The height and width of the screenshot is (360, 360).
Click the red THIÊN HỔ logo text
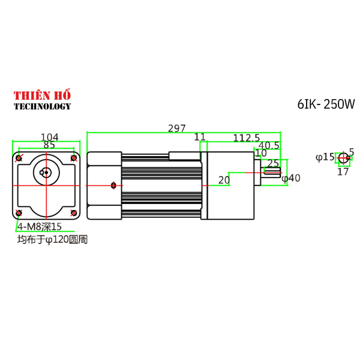[42, 95]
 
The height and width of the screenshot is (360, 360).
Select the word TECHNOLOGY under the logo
[42, 106]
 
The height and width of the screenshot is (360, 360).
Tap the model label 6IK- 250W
[326, 104]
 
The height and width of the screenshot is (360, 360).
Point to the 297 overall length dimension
[177, 128]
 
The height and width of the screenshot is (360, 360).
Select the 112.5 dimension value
[246, 137]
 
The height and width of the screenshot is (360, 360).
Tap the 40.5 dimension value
[269, 145]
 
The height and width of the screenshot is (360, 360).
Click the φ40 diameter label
[290, 178]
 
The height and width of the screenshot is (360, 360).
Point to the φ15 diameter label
[325, 157]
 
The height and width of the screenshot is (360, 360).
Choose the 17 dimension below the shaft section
[343, 172]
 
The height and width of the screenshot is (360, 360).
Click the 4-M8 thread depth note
[40, 226]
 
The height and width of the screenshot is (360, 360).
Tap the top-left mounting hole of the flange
[19, 158]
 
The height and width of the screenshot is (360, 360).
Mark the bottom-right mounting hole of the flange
[74, 213]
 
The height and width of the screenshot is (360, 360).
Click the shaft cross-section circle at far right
[343, 158]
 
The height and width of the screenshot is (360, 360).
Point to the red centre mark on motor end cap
[112, 185]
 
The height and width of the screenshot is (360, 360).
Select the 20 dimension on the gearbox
[224, 179]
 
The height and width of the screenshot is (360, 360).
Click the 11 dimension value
[200, 137]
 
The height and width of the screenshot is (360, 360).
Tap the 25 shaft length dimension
[273, 163]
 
